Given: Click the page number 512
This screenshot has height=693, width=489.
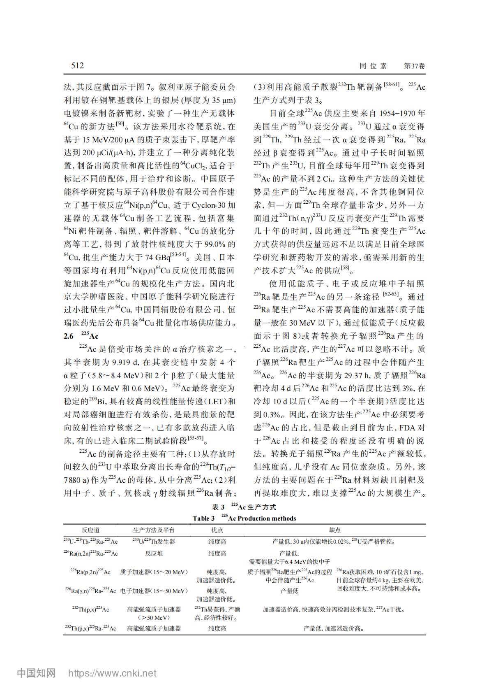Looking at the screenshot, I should (x=77, y=66).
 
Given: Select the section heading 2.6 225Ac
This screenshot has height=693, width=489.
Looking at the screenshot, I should (x=81, y=336).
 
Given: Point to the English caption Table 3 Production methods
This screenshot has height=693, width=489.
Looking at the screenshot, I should (x=244, y=518).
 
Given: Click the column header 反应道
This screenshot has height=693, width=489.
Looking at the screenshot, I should (x=90, y=530).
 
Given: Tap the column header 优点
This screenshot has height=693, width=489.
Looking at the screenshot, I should (x=217, y=530).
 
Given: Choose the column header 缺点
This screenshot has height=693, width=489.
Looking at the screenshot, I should (x=335, y=530).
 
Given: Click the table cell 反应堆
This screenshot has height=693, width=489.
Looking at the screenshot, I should (x=154, y=553).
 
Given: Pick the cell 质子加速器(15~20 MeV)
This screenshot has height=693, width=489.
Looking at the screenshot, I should (x=154, y=572).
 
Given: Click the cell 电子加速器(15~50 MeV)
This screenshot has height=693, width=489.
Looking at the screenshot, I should (x=154, y=591).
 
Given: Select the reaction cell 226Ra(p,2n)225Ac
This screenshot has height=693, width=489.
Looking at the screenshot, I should (x=90, y=572).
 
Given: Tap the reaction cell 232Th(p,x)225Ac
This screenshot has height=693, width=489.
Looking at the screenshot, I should (x=90, y=609).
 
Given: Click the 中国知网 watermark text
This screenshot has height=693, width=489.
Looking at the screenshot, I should (x=36, y=673).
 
